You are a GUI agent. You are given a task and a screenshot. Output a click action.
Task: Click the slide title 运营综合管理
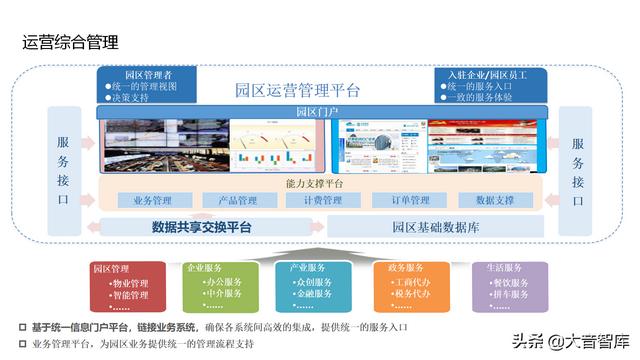pyautogui.click(x=71, y=42)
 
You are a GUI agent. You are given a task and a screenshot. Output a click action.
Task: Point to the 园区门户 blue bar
pyautogui.click(x=320, y=112)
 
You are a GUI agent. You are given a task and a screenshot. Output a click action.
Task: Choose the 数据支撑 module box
pyautogui.click(x=493, y=200)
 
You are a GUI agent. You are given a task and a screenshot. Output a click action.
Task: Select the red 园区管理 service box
pyautogui.click(x=126, y=288)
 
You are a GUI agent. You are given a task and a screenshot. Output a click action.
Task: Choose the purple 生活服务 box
pyautogui.click(x=509, y=288)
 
